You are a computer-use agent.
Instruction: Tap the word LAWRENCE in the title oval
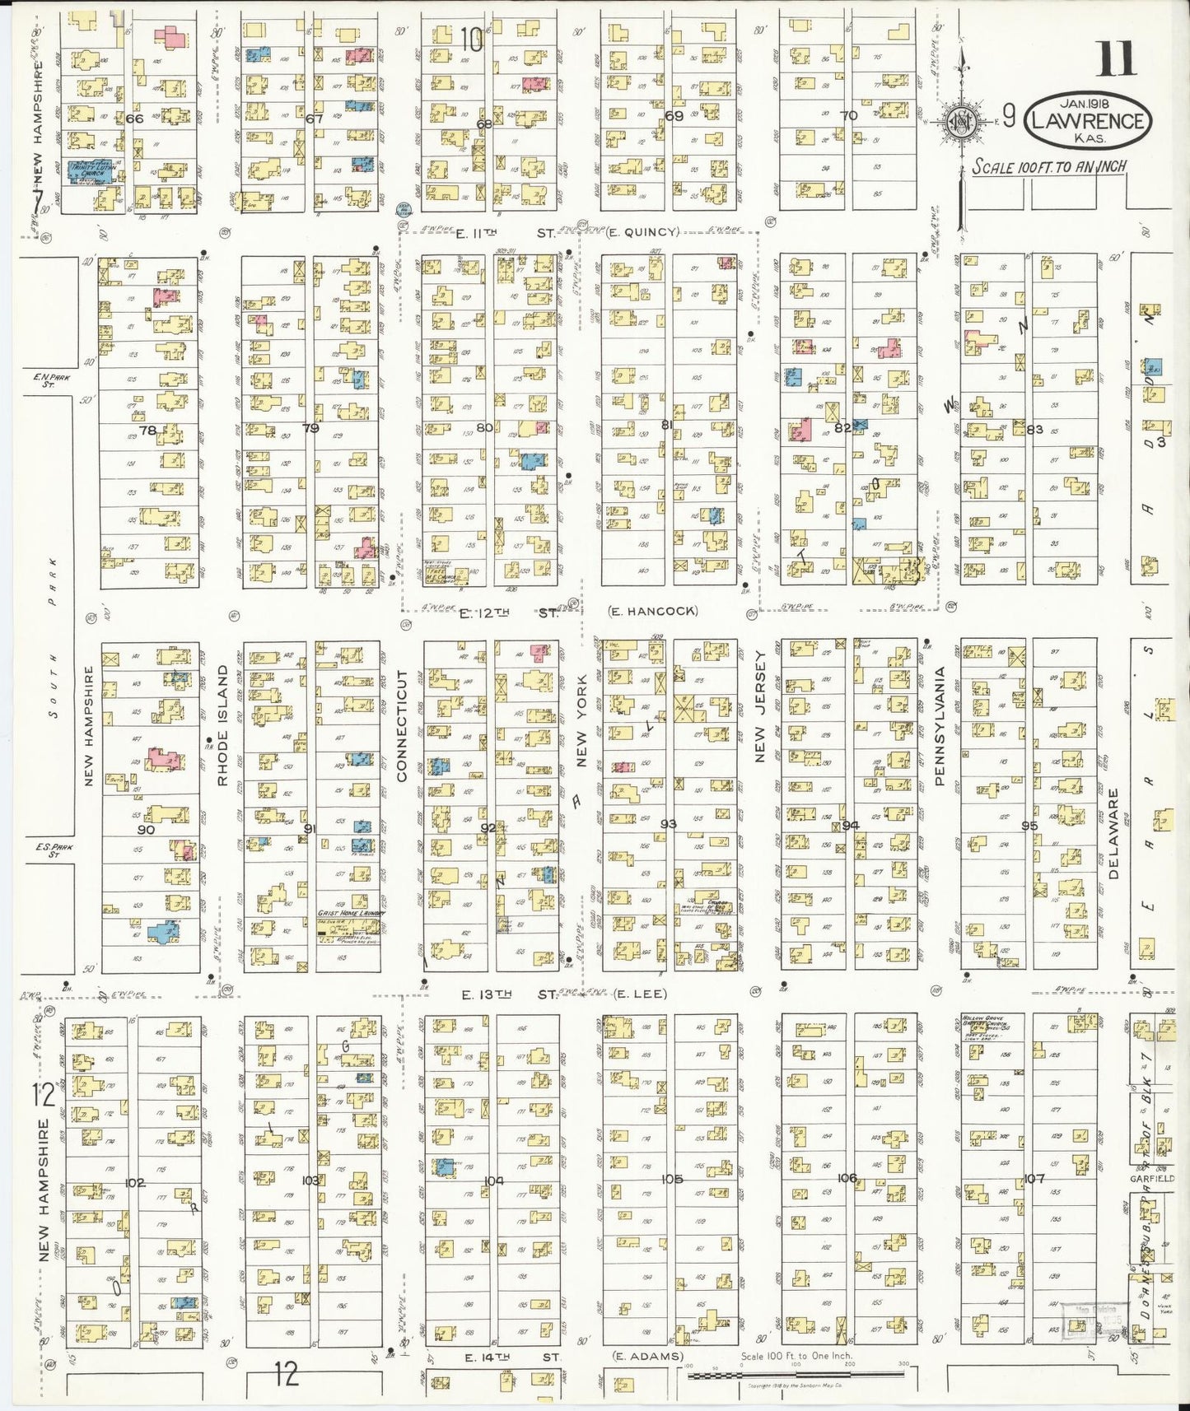pos(1087,122)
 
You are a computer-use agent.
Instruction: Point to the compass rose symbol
pos(959,123)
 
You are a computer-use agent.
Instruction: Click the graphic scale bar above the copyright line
pos(796,1375)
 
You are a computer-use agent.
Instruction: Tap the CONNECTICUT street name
pos(402,724)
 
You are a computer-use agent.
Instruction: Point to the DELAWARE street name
pos(1113,833)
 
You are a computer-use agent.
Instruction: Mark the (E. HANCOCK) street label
pos(653,611)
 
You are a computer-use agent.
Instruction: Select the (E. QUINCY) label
pos(642,232)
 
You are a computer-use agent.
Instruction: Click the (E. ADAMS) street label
pos(647,1357)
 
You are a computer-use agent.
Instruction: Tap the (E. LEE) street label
pos(640,994)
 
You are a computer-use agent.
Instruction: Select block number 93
pos(668,824)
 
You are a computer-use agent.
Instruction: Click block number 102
pos(134,1183)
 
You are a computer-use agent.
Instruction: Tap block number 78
pos(147,430)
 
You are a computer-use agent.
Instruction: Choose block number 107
pos(1034,1179)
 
